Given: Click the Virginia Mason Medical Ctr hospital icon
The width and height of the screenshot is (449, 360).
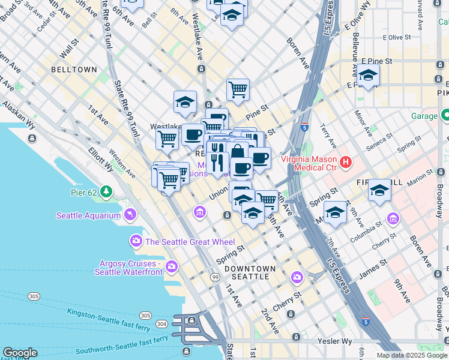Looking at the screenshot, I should coord(345,161).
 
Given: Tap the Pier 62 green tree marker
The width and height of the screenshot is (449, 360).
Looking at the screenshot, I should coord(106,192).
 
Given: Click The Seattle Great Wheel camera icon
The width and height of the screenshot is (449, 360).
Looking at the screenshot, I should coord(136,241).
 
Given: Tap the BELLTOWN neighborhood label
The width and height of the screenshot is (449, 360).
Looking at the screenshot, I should coord(74,70).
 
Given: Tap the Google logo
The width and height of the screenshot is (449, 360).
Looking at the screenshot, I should coord(20,353).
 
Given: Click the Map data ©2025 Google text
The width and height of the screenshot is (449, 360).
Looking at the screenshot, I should coord(412,355).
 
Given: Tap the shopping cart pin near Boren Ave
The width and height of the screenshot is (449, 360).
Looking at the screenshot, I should coord(238,90).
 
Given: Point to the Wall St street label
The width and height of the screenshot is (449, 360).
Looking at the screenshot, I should coord(70,45).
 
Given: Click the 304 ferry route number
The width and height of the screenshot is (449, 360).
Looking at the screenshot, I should coord(161,323).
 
